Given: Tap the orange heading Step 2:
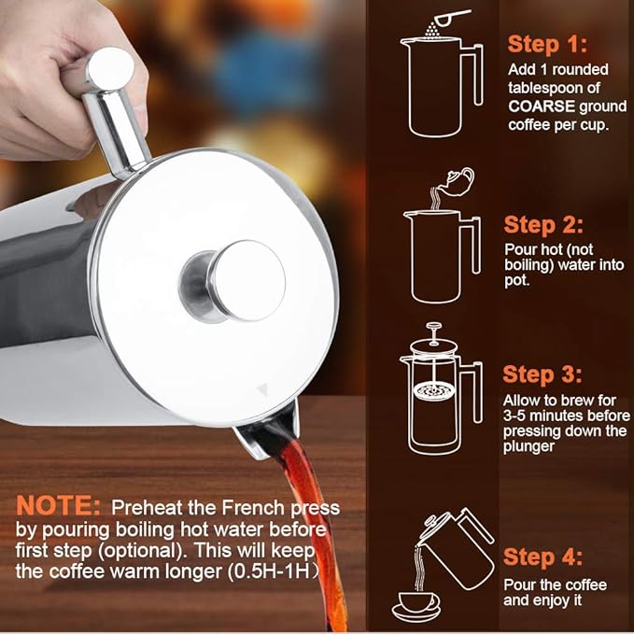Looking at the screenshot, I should pos(543,225).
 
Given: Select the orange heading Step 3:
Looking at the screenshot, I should pos(543,374).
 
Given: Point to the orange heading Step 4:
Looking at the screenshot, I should pos(543,557).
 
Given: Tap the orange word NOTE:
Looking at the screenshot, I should pos(59,507).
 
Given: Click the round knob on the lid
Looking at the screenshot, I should pos(245,280).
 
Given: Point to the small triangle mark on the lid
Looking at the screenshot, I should pos(261,386).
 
